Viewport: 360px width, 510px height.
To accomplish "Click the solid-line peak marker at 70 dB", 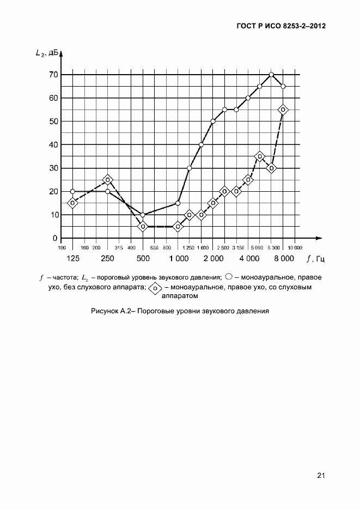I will coord(271,74).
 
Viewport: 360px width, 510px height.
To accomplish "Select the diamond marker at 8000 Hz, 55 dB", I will coord(283,110).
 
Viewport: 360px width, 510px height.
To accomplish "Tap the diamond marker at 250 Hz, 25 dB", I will coord(108,180).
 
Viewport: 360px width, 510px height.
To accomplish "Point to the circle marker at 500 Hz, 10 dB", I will coord(143,215).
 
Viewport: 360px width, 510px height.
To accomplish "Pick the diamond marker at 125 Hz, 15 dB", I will coord(72,203).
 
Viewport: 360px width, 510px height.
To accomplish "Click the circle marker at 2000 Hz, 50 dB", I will coord(213,121).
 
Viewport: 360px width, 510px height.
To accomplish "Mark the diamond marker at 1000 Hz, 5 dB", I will coord(178,226).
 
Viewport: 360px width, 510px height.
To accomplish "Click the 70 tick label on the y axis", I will coord(53,74).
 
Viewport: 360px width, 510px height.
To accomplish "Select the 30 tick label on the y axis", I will coord(53,168).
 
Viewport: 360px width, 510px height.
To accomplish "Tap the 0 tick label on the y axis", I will coord(55,238).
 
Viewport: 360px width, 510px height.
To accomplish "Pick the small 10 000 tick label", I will coord(295,247).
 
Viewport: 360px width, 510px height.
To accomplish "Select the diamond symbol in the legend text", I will coord(155,287).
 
